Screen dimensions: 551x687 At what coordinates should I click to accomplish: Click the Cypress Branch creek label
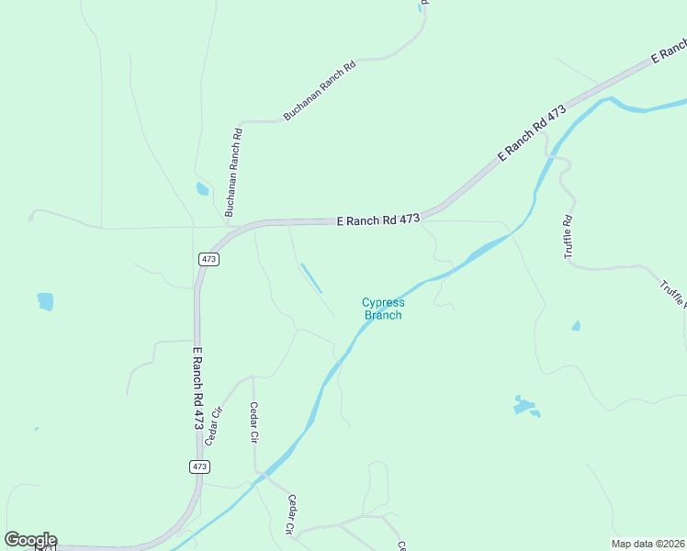383,309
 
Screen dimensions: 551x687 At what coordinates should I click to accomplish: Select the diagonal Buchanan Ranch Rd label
319,90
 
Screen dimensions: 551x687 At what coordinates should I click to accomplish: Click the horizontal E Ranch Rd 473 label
378,220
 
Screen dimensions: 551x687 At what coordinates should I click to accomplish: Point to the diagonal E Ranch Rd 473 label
532,134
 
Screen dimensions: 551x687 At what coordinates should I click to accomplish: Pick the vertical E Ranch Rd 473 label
197,388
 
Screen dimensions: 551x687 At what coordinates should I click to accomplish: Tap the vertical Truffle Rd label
569,236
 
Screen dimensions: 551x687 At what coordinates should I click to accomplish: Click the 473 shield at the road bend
208,260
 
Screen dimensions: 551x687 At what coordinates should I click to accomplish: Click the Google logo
30,540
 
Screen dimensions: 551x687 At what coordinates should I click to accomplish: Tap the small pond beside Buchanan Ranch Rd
202,189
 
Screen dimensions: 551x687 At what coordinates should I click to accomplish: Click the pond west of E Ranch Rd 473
45,300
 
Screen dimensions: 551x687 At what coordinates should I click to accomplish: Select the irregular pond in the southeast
524,405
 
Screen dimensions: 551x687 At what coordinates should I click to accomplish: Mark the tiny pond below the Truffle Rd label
576,325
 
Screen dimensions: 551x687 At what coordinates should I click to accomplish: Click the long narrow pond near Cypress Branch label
311,278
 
